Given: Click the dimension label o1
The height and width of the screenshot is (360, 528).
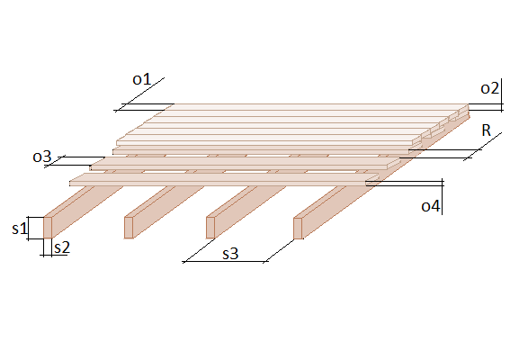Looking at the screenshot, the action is pos(142,79).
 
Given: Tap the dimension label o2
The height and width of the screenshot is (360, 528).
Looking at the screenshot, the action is pos(489,88).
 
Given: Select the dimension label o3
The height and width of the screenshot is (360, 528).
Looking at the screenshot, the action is pos(42,157).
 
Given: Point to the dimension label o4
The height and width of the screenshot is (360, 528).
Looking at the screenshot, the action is pos(430,205).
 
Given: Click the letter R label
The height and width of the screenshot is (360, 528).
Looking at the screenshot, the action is pos(487,130).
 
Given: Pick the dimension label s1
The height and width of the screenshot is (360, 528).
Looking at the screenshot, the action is pos(19,229).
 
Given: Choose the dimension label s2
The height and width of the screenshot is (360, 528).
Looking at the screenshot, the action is pos(62,247).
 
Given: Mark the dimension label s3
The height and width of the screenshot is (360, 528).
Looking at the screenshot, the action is pos(230,254).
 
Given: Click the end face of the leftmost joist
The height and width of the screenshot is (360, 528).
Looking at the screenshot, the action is pos(48,228).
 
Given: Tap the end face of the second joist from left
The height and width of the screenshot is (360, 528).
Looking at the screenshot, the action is pos(129,228).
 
